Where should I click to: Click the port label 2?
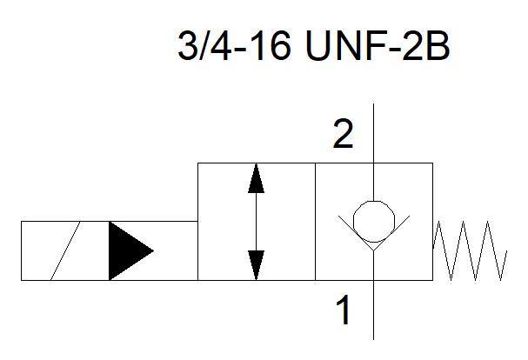click(x=343, y=134)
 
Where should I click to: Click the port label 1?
click(x=344, y=310)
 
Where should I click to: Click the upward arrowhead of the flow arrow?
click(x=256, y=178)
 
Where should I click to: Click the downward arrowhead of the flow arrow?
click(x=256, y=265)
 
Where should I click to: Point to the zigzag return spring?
click(x=470, y=251)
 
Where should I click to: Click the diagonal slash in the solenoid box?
click(x=65, y=251)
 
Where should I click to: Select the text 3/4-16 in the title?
click(x=234, y=46)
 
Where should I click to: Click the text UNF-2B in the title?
click(x=378, y=46)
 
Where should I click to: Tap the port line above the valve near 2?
click(x=373, y=133)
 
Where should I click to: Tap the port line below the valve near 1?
click(x=373, y=310)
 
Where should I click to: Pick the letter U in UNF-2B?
click(x=319, y=46)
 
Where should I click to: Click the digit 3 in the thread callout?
click(x=187, y=46)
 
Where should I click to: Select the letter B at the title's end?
click(x=438, y=46)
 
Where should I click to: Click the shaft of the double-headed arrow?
click(x=256, y=222)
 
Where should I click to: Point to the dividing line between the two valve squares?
click(x=315, y=222)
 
